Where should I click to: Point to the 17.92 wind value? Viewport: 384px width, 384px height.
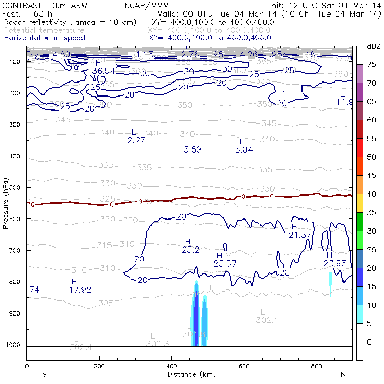(80, 290)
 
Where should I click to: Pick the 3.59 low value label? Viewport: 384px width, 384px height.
(192, 149)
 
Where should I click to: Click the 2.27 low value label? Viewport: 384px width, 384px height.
(135, 140)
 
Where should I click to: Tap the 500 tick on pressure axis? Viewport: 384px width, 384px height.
(15, 187)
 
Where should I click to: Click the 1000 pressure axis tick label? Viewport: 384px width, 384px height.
(13, 345)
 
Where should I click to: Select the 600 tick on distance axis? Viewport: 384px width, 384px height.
(244, 366)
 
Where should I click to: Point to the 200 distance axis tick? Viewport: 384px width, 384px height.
(99, 366)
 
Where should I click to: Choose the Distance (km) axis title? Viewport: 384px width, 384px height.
(189, 374)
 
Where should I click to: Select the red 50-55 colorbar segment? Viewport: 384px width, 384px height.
(359, 148)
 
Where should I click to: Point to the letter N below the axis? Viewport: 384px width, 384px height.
(343, 374)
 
